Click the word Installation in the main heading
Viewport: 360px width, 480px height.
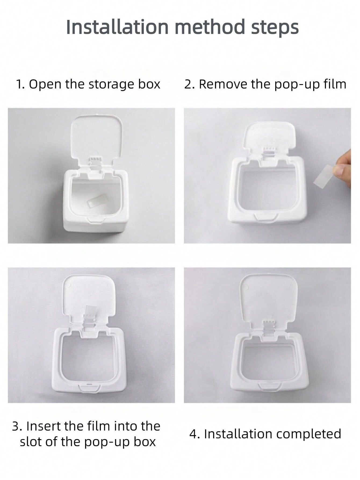click(x=117, y=27)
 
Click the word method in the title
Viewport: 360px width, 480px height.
click(x=210, y=27)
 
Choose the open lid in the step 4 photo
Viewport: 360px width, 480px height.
click(x=269, y=298)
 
